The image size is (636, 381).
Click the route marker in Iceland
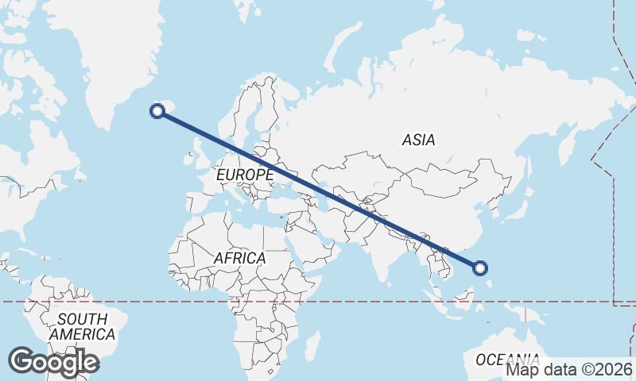157,112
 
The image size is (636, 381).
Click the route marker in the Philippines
480,267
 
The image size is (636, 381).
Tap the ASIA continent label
418,140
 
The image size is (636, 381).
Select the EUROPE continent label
244,174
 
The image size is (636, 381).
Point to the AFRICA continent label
239,259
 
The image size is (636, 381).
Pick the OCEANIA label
507,359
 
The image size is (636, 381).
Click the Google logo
53,362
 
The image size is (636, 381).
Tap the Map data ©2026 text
569,369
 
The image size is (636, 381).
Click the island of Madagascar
312,345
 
